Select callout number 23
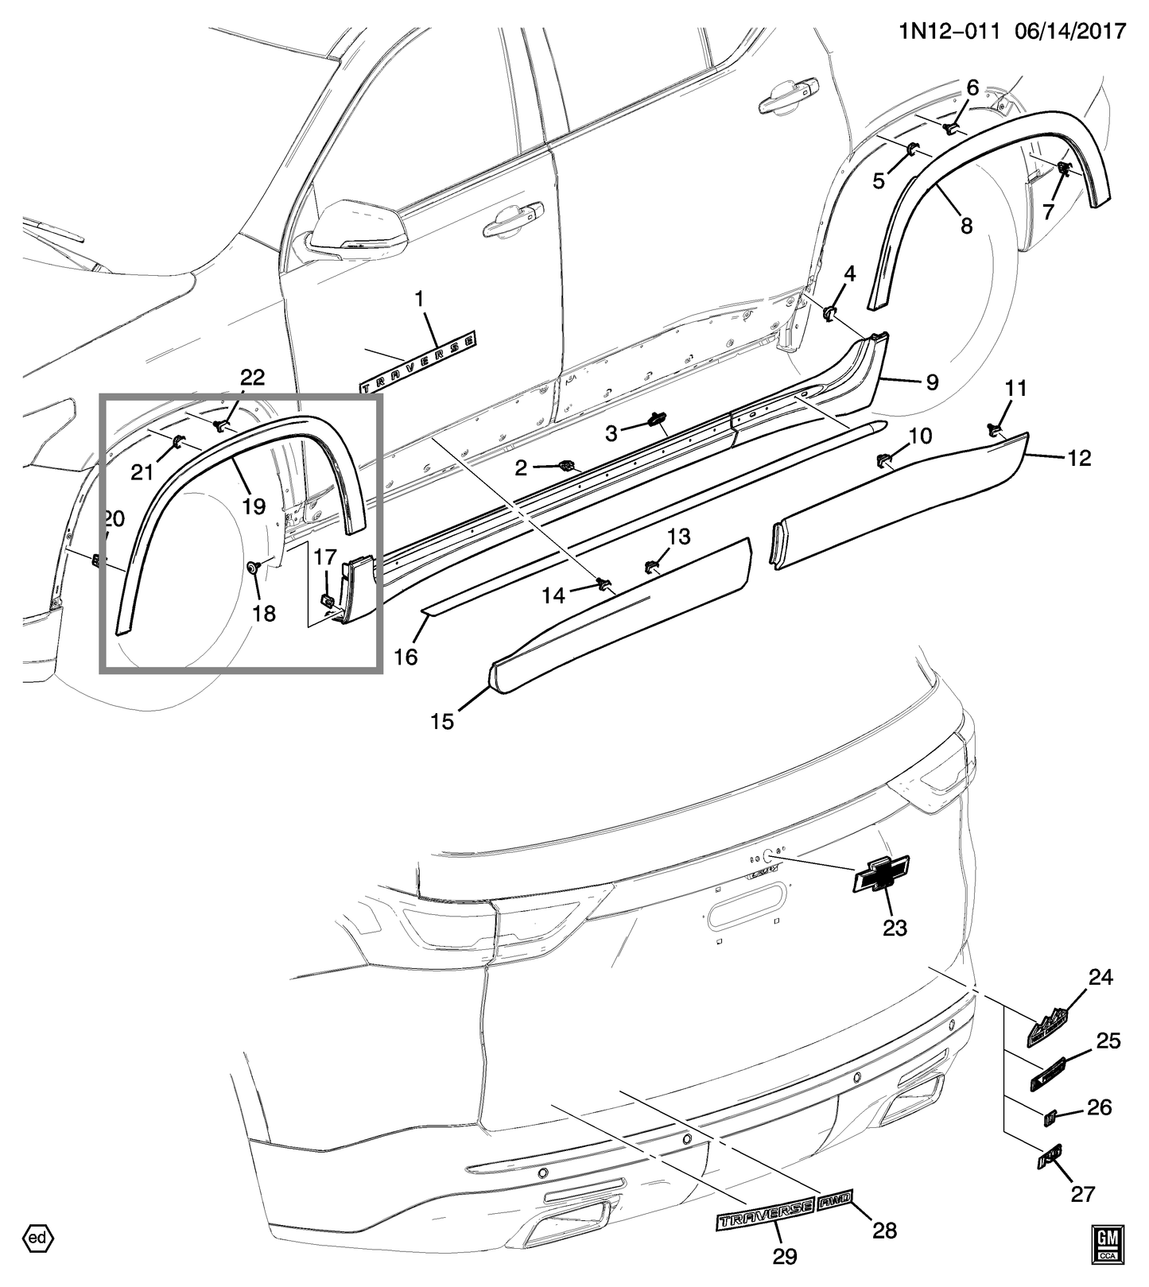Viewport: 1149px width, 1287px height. [895, 928]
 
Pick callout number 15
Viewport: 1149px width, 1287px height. [442, 721]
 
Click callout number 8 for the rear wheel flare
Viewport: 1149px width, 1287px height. [966, 226]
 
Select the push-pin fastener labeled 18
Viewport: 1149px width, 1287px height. [254, 568]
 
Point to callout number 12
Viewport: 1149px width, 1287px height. [1080, 458]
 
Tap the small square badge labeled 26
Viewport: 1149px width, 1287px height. [1050, 1117]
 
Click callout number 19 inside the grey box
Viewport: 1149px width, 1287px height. [254, 506]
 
